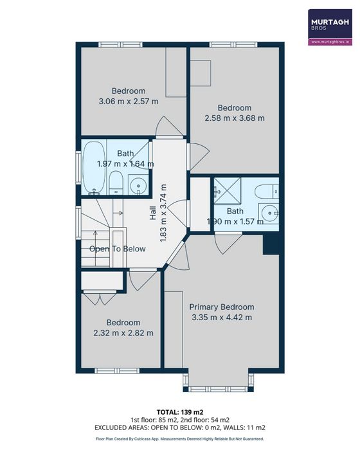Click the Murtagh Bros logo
pos(330,27)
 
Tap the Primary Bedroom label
pos(222,307)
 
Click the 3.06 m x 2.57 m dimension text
pos(129,102)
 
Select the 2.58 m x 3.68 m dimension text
pos(235,118)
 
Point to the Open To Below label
pos(118,249)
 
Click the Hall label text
pos(153,213)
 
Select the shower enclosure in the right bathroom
pos(227,191)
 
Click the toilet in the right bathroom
pos(267,192)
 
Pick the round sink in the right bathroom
pos(269,213)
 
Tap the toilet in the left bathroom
pos(116,183)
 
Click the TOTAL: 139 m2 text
pos(180,412)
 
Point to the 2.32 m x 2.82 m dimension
pos(123,333)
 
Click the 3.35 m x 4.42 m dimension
pos(222,318)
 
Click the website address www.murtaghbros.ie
pos(330,42)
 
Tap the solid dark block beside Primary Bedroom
pos(271,244)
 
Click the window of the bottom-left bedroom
pos(117,371)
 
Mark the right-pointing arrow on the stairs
pos(118,213)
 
